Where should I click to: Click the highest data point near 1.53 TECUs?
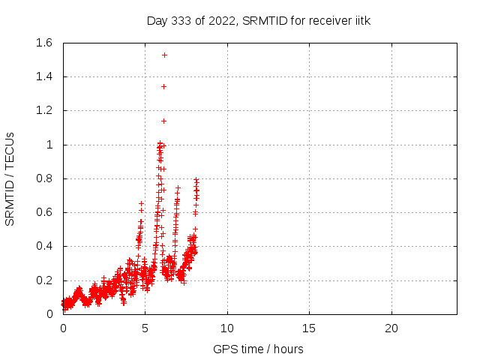point(164,55)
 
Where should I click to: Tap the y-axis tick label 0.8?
point(47,178)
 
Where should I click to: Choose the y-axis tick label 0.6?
point(47,212)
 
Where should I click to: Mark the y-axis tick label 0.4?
point(47,246)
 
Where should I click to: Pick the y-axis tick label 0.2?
point(47,280)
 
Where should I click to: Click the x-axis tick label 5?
point(145,328)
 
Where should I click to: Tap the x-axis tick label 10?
point(227,328)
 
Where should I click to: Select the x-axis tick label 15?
point(309,328)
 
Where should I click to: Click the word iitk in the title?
point(361,20)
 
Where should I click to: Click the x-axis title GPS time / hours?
point(259,349)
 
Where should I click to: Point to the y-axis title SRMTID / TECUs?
point(10,178)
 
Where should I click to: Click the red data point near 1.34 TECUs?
point(163,86)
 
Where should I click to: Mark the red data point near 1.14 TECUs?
point(163,121)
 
